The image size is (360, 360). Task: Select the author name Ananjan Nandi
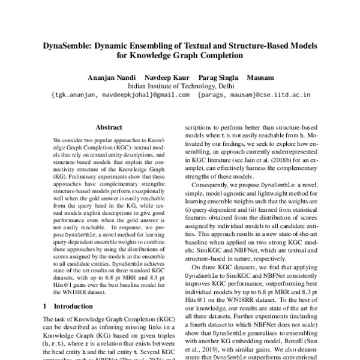point(109,77)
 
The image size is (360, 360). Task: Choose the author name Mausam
point(259,77)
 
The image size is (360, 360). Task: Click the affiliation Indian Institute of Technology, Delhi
point(180,86)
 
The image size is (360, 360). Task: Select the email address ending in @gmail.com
point(121,95)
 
